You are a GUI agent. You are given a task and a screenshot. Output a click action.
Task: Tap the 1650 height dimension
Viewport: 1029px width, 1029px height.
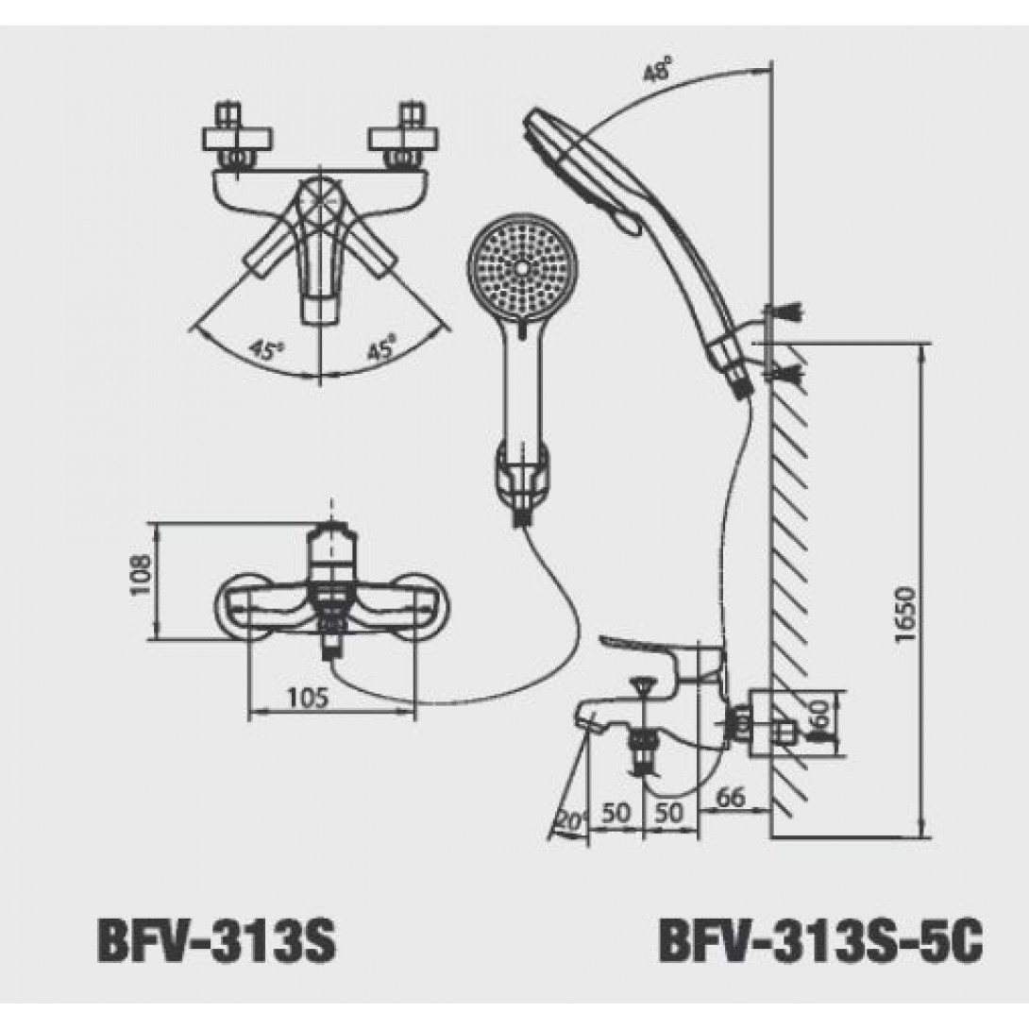pyautogui.click(x=903, y=616)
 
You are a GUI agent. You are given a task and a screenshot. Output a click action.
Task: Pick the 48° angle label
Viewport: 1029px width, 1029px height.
pyautogui.click(x=657, y=71)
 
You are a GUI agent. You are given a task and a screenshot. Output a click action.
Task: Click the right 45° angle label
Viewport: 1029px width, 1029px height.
pyautogui.click(x=381, y=350)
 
